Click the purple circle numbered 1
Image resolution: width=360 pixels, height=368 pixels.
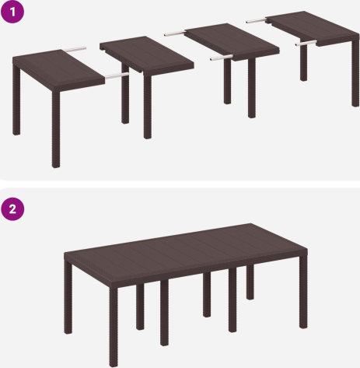(12, 12)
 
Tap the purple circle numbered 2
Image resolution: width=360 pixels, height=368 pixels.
(12, 209)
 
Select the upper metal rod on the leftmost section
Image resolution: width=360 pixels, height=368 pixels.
(75, 49)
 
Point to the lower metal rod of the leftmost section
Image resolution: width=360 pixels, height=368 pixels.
(117, 75)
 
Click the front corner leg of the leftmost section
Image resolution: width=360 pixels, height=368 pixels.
(56, 129)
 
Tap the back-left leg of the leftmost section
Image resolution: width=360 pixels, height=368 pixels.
(16, 100)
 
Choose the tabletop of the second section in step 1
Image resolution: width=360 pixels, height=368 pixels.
(147, 55)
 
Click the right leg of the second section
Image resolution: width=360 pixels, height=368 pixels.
(148, 107)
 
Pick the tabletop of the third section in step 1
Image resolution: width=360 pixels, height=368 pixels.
(232, 42)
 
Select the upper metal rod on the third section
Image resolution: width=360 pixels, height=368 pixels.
(175, 33)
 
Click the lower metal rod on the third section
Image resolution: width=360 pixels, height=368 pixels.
(222, 58)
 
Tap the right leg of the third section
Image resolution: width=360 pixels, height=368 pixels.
(252, 88)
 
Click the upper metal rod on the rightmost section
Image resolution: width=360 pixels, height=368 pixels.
(257, 21)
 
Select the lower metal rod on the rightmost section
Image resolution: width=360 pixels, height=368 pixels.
(306, 43)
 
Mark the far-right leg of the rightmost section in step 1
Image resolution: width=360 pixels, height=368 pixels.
(355, 72)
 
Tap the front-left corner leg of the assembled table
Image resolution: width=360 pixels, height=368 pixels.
(114, 327)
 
